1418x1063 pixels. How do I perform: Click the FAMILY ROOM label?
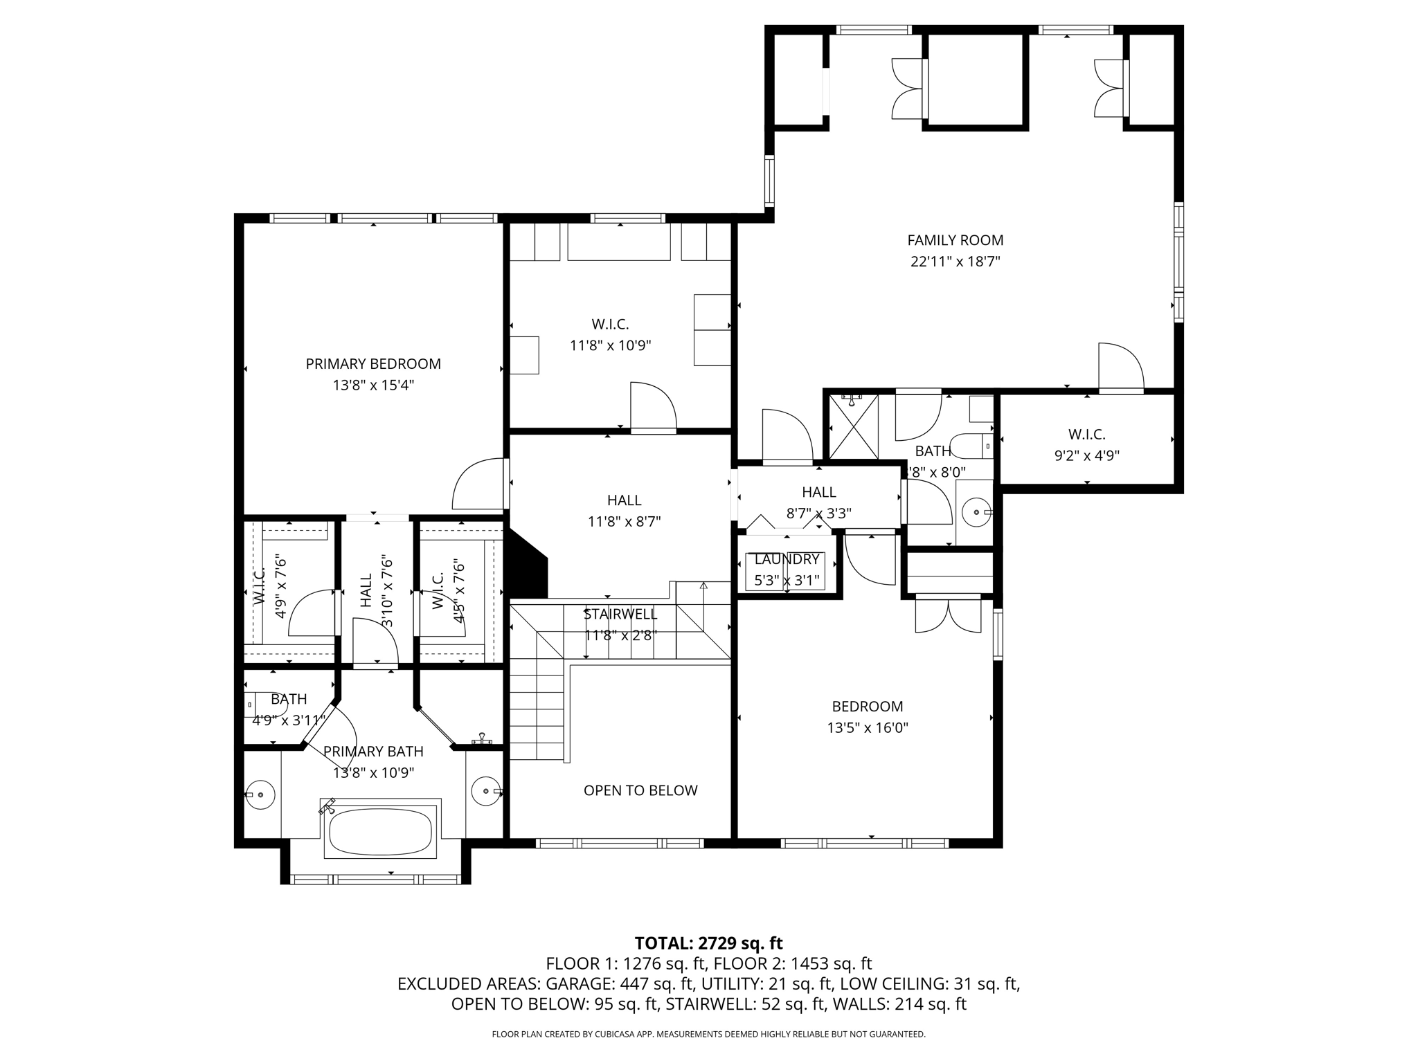click(955, 240)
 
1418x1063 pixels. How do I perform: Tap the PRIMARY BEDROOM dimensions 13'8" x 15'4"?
click(373, 385)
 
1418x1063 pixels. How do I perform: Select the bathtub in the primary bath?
click(379, 832)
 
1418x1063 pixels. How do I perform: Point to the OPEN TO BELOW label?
click(640, 790)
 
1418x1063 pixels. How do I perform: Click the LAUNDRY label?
click(787, 559)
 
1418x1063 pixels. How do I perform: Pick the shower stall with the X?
click(854, 426)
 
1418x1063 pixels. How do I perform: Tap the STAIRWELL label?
click(620, 614)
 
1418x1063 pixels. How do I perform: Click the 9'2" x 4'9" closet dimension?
click(1086, 455)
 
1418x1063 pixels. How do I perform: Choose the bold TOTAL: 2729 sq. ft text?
click(708, 943)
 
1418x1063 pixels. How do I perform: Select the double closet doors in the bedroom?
click(948, 615)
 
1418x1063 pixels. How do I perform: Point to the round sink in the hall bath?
click(976, 513)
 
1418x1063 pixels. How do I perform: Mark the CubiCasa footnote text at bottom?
click(708, 1034)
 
